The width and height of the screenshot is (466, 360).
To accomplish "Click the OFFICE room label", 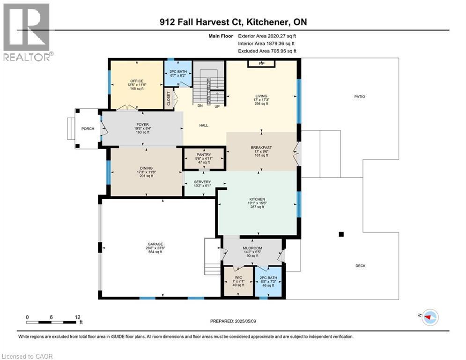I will tap(137, 81).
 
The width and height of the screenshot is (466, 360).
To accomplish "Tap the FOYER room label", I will tap(142, 125).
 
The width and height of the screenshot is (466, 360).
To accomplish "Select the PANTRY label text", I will tap(204, 155).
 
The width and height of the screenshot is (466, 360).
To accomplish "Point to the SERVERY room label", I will tap(202, 182).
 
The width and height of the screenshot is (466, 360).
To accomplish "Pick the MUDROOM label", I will tap(252, 248).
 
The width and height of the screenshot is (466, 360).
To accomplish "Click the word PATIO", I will tap(360, 97).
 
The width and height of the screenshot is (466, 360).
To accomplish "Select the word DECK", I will tap(360, 266).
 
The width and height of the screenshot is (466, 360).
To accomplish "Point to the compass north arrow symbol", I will tap(429, 317).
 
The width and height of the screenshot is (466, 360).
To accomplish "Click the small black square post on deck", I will tap(341, 234).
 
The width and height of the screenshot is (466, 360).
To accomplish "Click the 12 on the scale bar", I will tap(77, 316).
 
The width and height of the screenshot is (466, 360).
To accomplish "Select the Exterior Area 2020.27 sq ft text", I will tap(267, 36).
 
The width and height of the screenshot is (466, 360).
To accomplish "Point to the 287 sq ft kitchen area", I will tap(258, 207).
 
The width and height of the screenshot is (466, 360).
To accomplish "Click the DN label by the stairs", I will tap(200, 106).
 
